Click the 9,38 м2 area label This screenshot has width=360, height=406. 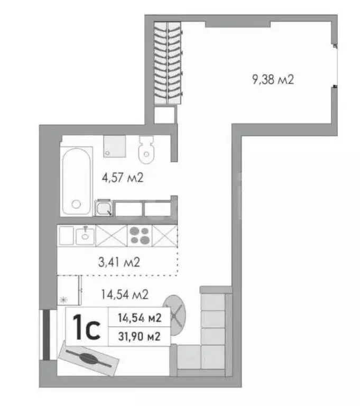coord(273,80)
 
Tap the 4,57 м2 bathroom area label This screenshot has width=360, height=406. coord(123,178)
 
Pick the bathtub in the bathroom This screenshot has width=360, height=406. coord(77,176)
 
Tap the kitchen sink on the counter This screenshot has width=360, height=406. coord(85,235)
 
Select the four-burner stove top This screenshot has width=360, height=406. coord(140,235)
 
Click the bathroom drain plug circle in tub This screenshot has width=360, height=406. coord(77,204)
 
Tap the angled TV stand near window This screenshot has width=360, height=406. coord(89,359)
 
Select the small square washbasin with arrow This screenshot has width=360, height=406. coord(103,208)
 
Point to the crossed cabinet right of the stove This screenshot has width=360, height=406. coord(164,235)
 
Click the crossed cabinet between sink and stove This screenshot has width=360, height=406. coord(112,235)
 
